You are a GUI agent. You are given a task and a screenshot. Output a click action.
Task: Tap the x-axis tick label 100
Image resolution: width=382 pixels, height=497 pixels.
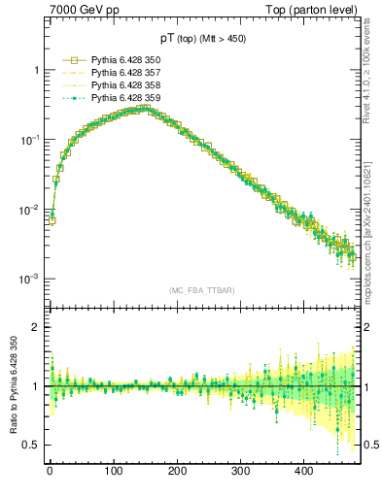[113, 471]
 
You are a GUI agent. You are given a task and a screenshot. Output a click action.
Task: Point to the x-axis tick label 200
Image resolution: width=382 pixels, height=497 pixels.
[177, 471]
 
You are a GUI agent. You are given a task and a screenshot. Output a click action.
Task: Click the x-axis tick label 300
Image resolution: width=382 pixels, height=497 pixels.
[240, 471]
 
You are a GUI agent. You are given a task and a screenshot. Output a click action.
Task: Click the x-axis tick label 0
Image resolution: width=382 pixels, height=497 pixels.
[50, 471]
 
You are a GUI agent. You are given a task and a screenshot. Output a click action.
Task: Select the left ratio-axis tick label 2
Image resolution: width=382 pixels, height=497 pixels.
[35, 327]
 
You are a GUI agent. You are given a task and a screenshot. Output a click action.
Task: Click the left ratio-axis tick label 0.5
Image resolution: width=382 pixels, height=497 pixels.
[31, 445]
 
